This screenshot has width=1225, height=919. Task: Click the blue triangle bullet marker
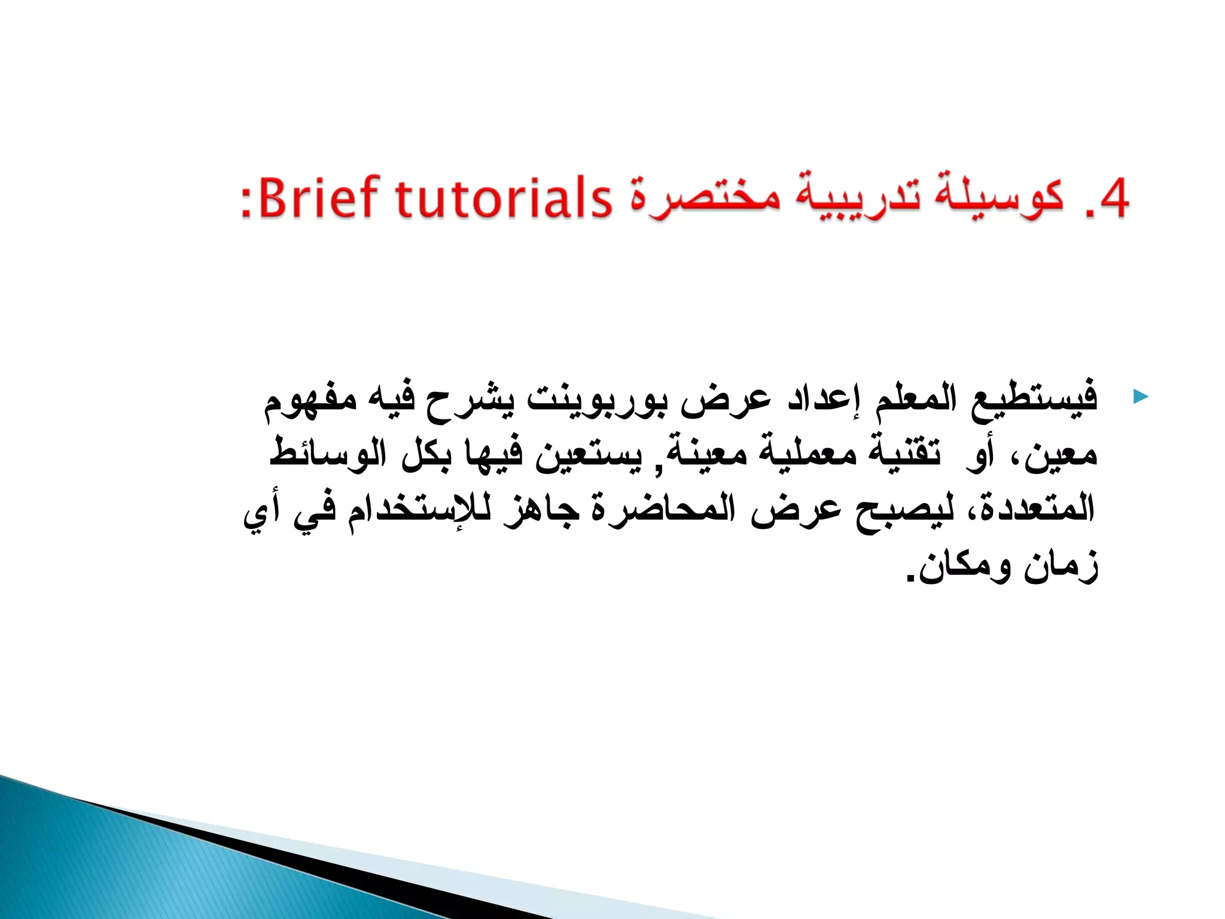pyautogui.click(x=1141, y=396)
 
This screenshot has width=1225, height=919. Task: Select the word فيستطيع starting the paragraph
pyautogui.click(x=1033, y=398)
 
